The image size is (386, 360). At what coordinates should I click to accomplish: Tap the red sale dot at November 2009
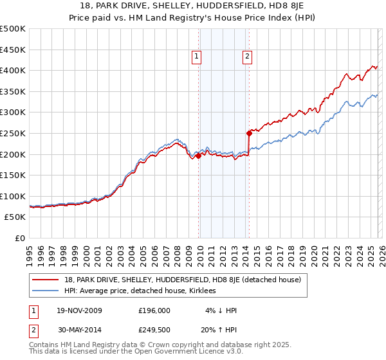[x=198, y=156]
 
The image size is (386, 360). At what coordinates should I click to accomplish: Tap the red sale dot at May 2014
[x=249, y=134]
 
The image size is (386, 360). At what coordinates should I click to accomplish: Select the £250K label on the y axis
[x=13, y=133]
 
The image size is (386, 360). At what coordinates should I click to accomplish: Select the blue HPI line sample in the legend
[x=46, y=291]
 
